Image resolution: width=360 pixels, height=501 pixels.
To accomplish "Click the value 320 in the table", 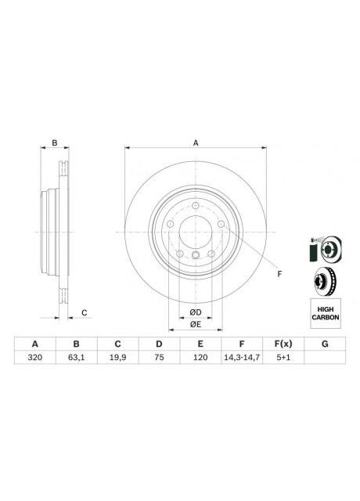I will coord(34,359).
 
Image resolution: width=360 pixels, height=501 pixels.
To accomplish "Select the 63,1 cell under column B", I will coord(76,359).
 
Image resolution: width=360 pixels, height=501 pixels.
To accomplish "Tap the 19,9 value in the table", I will coord(117,359).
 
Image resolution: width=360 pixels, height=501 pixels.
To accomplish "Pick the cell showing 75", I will coord(158,359).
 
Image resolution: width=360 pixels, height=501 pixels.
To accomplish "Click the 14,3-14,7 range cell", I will coord(241,359).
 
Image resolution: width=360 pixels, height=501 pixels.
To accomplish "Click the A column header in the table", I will coord(34,344).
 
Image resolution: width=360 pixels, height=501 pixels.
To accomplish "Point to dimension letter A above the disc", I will coord(196,142).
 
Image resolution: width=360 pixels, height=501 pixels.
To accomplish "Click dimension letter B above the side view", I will coord(54,142).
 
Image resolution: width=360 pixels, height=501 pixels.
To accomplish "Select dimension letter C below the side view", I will coord(84,313).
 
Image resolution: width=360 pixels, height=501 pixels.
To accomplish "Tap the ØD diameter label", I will coord(195,312).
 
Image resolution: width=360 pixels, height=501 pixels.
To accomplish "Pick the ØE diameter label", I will coord(195,324).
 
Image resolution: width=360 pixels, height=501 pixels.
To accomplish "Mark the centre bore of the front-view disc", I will coord(196,232).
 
